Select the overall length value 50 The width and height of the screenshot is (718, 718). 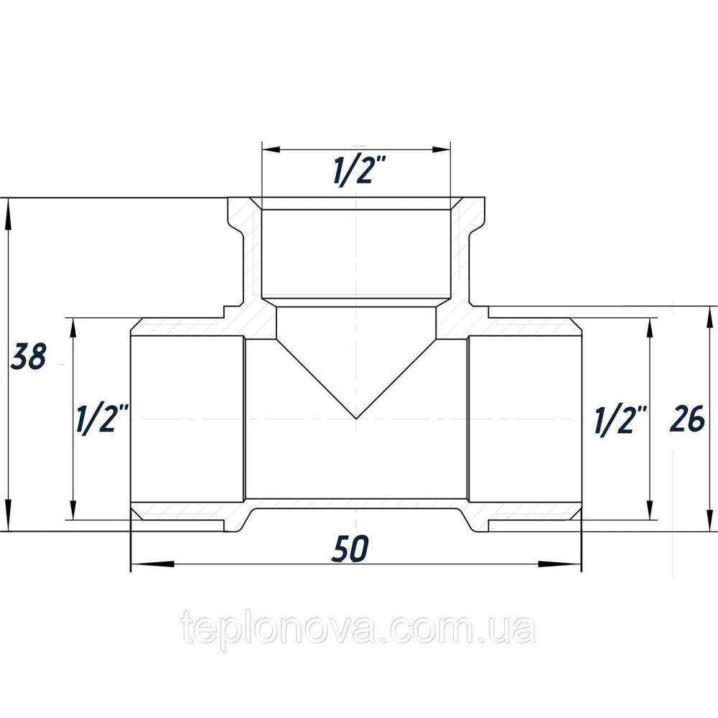pyautogui.click(x=351, y=549)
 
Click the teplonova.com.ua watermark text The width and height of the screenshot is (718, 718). pyautogui.click(x=358, y=630)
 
